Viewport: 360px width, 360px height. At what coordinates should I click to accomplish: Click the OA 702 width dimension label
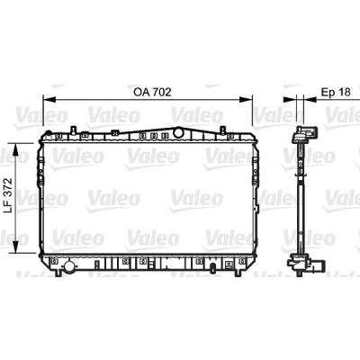[x=152, y=92]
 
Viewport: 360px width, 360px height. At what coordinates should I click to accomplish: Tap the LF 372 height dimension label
[x=8, y=195]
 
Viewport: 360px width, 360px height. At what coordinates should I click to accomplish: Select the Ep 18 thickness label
[x=336, y=92]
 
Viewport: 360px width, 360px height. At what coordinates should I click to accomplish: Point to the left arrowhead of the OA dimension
[x=49, y=99]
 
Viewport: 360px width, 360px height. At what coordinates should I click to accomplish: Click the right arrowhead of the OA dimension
[x=246, y=99]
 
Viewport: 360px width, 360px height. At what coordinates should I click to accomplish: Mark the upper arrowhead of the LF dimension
[x=17, y=149]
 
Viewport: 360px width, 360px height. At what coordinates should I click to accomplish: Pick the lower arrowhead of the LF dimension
[x=17, y=247]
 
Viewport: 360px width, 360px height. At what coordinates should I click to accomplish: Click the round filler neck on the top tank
[x=178, y=132]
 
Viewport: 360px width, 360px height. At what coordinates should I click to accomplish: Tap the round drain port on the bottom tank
[x=69, y=266]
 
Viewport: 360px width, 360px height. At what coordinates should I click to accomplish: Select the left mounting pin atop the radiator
[x=73, y=130]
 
